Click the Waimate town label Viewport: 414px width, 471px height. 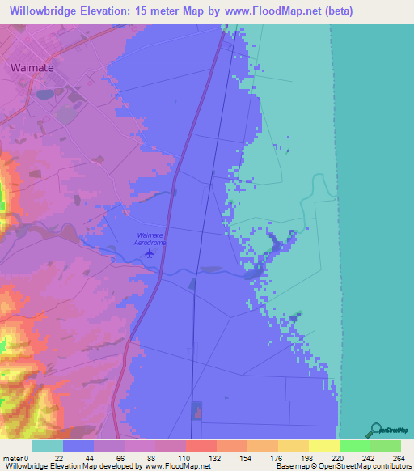tap(32, 68)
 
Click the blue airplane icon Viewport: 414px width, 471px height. tap(149, 253)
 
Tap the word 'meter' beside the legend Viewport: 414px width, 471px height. tap(13, 457)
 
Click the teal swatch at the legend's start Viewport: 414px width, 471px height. tap(48, 446)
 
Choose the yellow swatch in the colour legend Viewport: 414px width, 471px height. tap(323, 446)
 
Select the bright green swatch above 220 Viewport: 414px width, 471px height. tap(354, 446)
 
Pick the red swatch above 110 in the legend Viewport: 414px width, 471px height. tap(201, 446)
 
